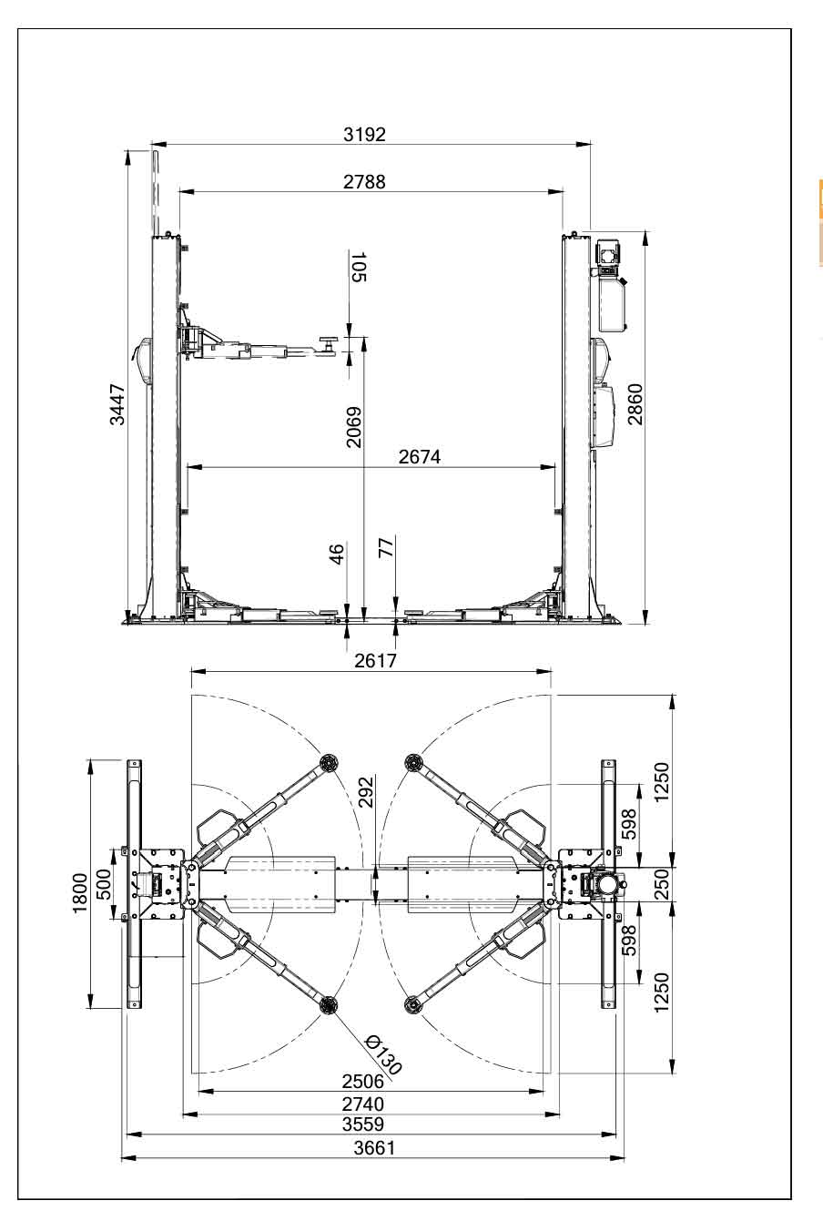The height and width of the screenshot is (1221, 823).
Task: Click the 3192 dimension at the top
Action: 364,135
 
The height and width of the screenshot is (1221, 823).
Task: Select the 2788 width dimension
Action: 364,182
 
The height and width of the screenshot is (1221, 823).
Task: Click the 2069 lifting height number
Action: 354,426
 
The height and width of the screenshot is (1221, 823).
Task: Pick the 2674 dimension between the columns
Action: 419,457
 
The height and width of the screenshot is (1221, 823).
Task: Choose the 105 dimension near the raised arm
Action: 358,268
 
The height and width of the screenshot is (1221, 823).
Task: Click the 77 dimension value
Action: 385,548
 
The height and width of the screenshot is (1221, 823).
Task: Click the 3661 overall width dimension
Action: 374,1148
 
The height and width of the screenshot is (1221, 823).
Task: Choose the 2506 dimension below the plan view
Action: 363,1082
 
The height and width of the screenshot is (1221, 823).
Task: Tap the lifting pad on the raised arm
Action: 327,342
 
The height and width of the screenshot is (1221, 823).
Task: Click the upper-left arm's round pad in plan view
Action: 328,761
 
